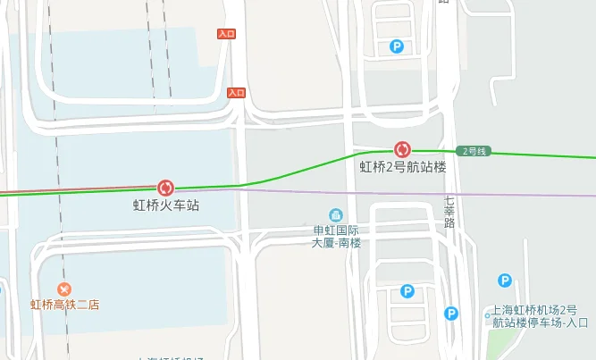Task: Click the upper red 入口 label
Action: tap(227, 34)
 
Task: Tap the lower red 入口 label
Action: tap(236, 92)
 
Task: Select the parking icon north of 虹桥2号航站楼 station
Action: tap(397, 46)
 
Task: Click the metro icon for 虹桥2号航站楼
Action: tap(402, 149)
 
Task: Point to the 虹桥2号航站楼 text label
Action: tap(402, 166)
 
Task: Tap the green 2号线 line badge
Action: tap(474, 151)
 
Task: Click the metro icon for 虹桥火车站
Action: tap(165, 188)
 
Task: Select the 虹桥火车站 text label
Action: tap(166, 205)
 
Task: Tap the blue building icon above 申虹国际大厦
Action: tap(336, 215)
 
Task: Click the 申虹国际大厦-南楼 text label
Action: tap(336, 236)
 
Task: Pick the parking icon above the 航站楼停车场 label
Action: tap(505, 280)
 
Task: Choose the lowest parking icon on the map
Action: tap(451, 314)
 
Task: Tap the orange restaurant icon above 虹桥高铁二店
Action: tap(64, 289)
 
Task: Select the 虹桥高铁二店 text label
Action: tap(64, 305)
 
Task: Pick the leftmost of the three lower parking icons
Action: tap(407, 291)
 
